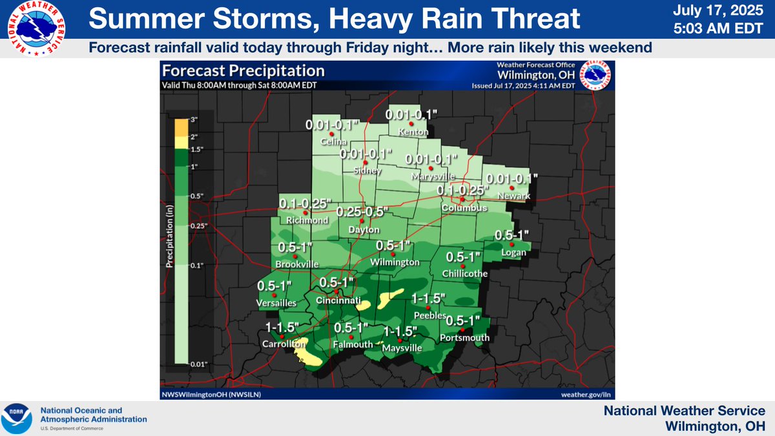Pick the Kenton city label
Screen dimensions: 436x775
pyautogui.click(x=413, y=132)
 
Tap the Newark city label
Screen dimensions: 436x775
pyautogui.click(x=514, y=196)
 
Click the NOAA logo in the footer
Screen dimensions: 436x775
pyautogui.click(x=17, y=419)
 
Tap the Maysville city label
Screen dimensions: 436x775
pyautogui.click(x=402, y=349)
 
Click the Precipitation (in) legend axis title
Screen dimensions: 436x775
pyautogui.click(x=170, y=239)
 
